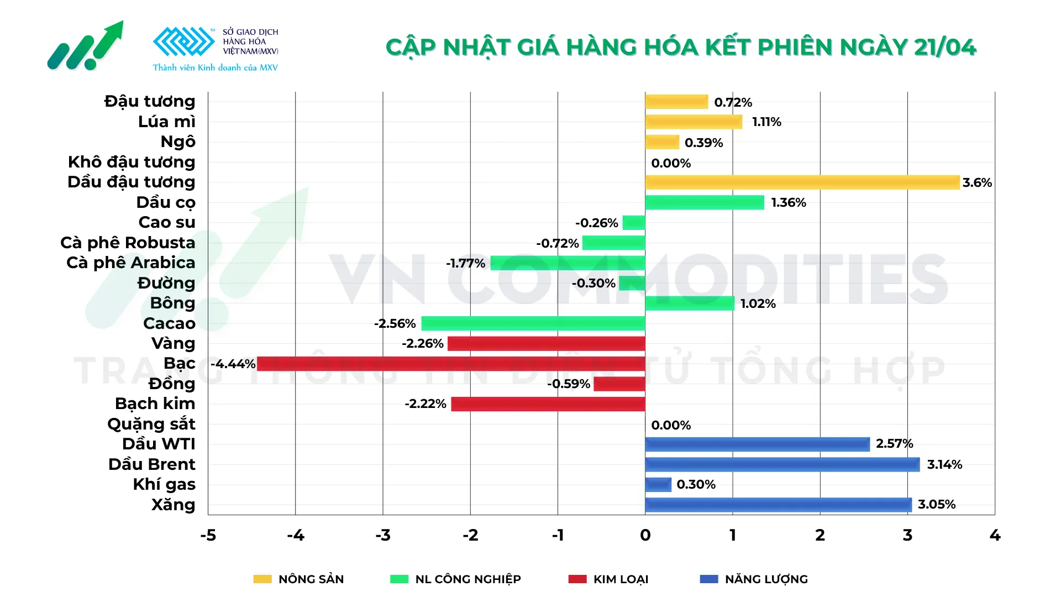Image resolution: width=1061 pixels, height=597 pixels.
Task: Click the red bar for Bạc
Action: (450, 364)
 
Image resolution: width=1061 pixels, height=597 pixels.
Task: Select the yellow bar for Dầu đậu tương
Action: (802, 182)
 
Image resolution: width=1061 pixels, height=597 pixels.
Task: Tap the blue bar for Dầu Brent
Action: (782, 464)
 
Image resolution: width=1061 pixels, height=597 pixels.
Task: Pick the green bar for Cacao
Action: (533, 323)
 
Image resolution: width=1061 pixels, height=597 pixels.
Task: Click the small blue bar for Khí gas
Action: (658, 485)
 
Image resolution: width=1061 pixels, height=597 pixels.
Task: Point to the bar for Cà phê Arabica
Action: (568, 263)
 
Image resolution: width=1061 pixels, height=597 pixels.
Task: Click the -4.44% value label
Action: (233, 364)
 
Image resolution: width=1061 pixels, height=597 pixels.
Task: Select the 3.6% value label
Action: (977, 182)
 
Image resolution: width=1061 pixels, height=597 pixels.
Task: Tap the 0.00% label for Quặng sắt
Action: (671, 425)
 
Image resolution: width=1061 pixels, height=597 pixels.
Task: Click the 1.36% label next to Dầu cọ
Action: (789, 203)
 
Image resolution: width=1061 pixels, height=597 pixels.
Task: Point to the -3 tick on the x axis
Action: (383, 535)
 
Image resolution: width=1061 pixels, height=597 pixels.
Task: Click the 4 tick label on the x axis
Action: (995, 535)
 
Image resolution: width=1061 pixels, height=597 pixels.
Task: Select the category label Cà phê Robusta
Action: (128, 243)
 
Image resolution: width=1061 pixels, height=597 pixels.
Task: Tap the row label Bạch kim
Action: (155, 404)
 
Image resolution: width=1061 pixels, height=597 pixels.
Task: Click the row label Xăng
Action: (173, 505)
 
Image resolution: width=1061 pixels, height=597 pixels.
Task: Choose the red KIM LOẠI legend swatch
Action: (577, 579)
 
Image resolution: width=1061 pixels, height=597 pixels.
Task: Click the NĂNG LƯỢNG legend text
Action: (766, 579)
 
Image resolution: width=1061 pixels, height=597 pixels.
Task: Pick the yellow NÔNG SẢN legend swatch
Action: (262, 579)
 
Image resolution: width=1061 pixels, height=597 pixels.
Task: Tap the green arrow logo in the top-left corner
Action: (86, 47)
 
